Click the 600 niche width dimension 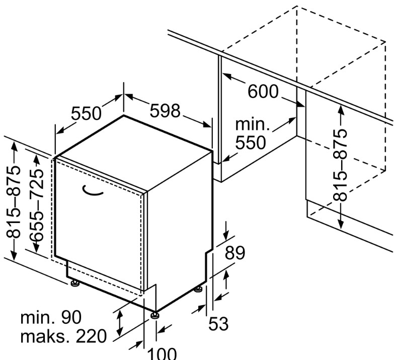[263, 92]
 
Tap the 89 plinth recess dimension [234, 253]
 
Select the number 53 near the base [218, 324]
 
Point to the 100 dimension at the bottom [163, 352]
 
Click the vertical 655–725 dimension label [36, 204]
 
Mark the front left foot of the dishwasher [75, 283]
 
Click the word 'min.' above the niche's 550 [253, 124]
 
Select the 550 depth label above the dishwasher [87, 114]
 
